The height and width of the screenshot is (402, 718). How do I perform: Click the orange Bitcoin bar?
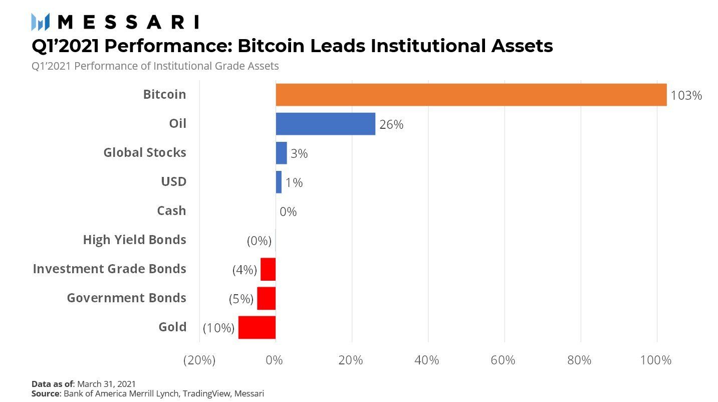coord(471,95)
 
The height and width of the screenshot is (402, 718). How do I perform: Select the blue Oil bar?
coord(325,124)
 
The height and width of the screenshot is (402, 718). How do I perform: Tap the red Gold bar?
coord(257,327)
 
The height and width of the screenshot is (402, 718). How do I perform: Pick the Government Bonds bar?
coord(266,298)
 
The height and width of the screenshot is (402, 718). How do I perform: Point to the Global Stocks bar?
coord(281,153)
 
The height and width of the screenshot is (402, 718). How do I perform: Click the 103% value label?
coord(686,95)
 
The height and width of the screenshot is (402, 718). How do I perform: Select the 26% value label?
coord(391,124)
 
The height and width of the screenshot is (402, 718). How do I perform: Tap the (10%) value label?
coord(218,328)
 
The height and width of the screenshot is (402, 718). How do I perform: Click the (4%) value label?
coord(245,270)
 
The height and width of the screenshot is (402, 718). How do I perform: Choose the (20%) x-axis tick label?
coord(199,360)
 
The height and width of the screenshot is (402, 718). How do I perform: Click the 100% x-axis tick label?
coord(656,360)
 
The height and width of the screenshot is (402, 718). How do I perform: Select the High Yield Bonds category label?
coord(134,240)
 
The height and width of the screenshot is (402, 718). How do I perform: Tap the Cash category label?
coord(171,211)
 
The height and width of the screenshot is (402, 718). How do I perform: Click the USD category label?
coord(173,181)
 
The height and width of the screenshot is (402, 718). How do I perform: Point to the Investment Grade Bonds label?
coord(109,269)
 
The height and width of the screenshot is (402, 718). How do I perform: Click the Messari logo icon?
coord(40,22)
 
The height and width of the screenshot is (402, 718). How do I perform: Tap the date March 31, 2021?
coord(106,384)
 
